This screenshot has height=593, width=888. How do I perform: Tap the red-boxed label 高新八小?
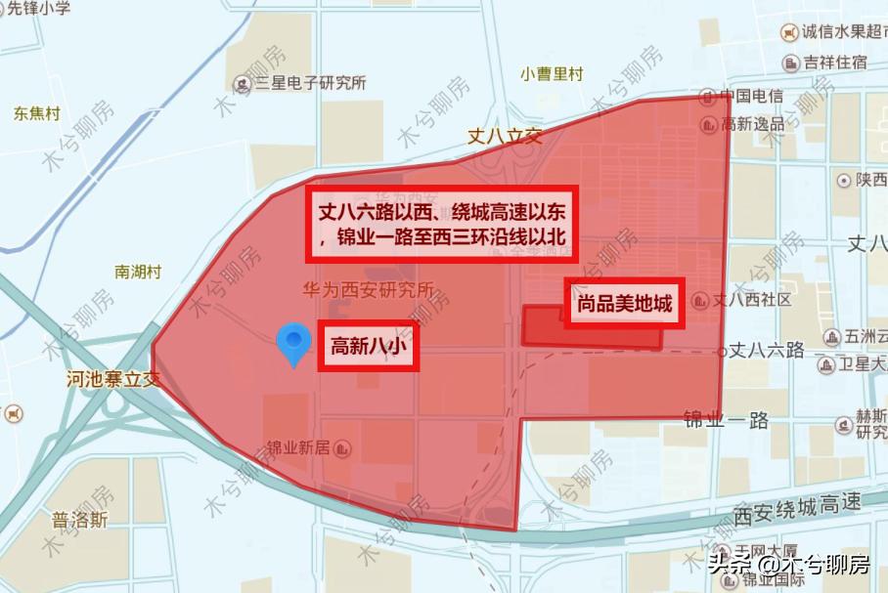point(368,347)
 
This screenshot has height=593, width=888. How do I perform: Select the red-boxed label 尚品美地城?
point(624,304)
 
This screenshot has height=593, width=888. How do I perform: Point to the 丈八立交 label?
point(504,136)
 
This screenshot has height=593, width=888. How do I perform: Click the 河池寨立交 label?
point(113,378)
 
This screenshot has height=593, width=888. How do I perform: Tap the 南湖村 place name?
point(138,272)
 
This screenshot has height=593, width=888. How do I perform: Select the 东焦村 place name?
point(37,113)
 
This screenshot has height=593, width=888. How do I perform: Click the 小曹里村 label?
point(552,74)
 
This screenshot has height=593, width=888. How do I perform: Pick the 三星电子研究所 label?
point(310,83)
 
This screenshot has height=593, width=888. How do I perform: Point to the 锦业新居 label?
point(298,447)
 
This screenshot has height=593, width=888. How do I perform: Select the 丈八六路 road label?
point(768,350)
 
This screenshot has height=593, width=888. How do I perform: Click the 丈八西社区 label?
point(752,300)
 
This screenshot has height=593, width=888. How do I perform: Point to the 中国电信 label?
point(751,96)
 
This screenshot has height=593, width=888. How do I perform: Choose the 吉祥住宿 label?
point(835,62)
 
